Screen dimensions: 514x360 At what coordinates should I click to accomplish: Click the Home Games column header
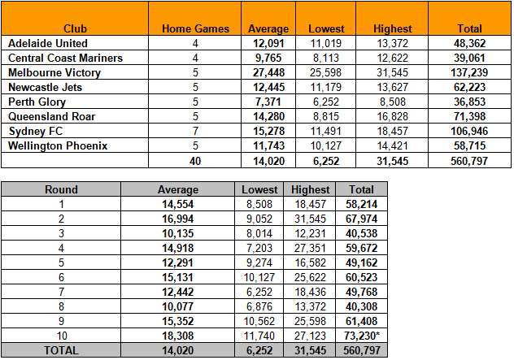[195, 28]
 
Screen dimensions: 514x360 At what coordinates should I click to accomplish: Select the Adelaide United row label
[48, 43]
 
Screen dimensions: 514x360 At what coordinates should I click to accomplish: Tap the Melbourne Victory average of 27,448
[269, 72]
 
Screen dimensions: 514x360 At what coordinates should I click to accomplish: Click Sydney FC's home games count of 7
[195, 131]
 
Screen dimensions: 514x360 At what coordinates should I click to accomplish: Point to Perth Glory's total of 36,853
[469, 102]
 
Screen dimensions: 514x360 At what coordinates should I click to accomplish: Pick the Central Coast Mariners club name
[66, 58]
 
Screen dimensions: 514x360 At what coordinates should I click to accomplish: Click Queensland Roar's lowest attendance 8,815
[326, 117]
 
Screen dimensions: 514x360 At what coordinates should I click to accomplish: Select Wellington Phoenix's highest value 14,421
[392, 145]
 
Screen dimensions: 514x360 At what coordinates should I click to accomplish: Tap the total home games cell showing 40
[195, 161]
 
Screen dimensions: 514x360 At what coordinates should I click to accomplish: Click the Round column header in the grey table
[61, 189]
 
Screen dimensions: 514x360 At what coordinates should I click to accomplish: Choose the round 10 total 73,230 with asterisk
[362, 336]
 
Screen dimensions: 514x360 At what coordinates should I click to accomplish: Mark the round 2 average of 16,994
[178, 219]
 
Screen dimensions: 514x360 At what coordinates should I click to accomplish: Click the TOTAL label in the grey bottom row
[61, 350]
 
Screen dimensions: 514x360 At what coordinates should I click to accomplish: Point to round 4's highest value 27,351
[310, 248]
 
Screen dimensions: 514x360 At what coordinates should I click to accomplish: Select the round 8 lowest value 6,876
[259, 306]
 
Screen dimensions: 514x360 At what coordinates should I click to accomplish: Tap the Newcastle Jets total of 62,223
[469, 87]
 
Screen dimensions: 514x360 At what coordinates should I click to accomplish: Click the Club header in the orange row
[75, 28]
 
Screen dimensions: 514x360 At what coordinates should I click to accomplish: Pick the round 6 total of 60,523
[362, 277]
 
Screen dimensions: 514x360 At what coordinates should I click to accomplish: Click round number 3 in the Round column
[61, 233]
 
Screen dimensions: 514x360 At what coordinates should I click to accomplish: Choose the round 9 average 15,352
[178, 321]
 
